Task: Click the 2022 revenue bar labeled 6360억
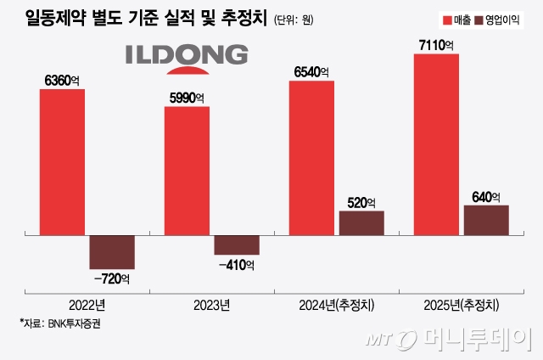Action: coord(62,161)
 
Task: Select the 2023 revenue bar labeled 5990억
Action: coord(187,171)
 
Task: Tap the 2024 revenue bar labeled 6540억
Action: coord(311,158)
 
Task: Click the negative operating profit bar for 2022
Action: coord(112,252)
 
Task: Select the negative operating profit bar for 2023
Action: coord(237,245)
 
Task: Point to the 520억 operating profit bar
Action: coord(361,222)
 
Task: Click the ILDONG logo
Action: coord(187,56)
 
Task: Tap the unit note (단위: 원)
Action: coord(296,20)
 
